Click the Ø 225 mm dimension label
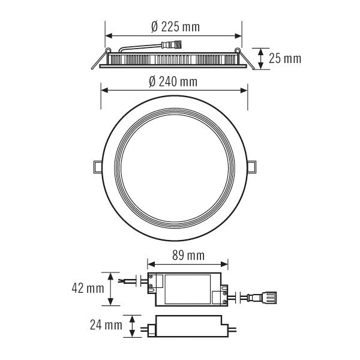[x=175, y=27]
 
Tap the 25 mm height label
[x=284, y=58]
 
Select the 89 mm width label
[x=187, y=256]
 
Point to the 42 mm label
[x=86, y=288]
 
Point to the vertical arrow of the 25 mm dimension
[x=261, y=58]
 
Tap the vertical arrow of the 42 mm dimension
[x=110, y=289]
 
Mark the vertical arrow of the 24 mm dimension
[x=133, y=326]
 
